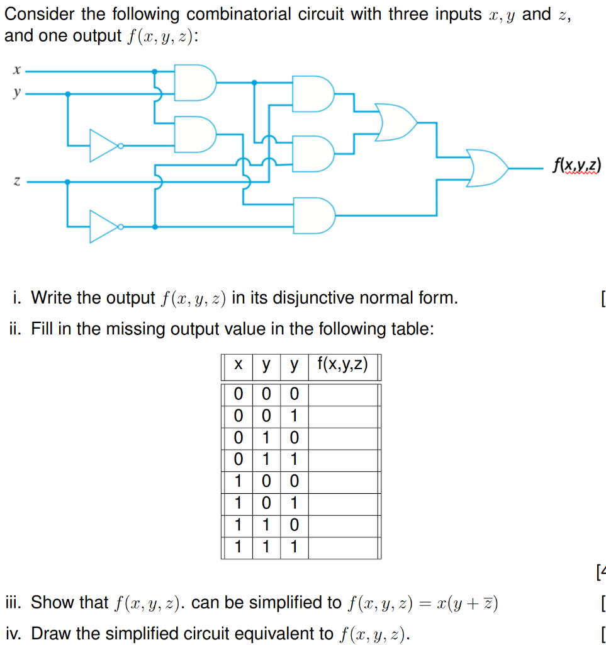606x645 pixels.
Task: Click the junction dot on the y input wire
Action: (68, 94)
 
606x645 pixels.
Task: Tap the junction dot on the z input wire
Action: (68, 182)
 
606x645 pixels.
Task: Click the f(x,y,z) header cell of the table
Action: (343, 365)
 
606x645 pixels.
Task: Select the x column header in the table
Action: (238, 365)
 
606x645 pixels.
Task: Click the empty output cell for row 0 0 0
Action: (344, 395)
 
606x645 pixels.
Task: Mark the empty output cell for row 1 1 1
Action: (344, 547)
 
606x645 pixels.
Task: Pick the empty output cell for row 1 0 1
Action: (344, 503)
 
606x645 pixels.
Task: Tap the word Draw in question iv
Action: (50, 632)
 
